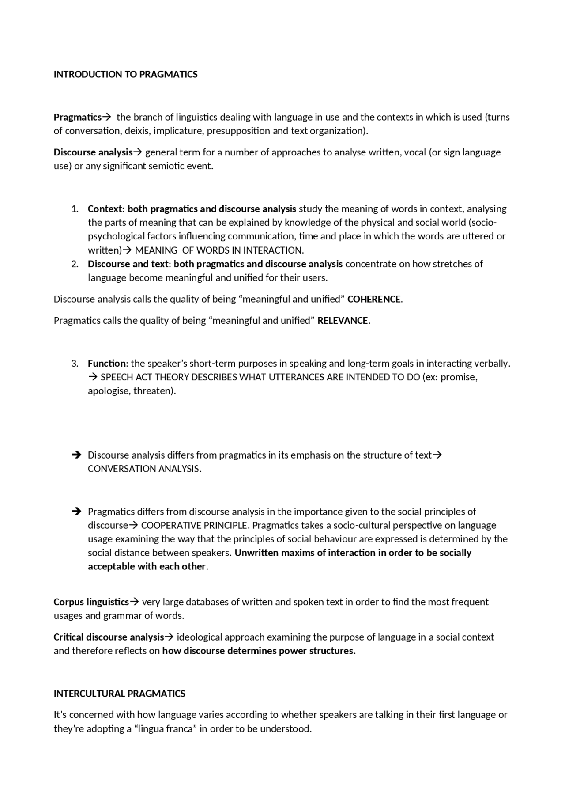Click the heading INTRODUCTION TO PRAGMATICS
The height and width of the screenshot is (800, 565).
tap(125, 74)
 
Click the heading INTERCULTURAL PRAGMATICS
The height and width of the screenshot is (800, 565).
tap(119, 694)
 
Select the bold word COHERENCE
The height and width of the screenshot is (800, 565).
tap(374, 299)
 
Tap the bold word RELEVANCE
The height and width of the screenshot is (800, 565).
tap(343, 321)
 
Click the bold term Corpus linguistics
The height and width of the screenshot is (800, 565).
tap(91, 602)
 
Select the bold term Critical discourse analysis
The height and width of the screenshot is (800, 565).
tap(109, 637)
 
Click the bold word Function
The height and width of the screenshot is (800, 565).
tap(106, 364)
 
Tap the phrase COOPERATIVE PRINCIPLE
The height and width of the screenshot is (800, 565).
tap(194, 525)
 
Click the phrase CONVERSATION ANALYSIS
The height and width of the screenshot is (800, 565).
tap(144, 469)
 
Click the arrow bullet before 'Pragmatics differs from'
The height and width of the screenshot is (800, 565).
tap(76, 512)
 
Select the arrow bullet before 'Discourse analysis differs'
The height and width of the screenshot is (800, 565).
tap(76, 455)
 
